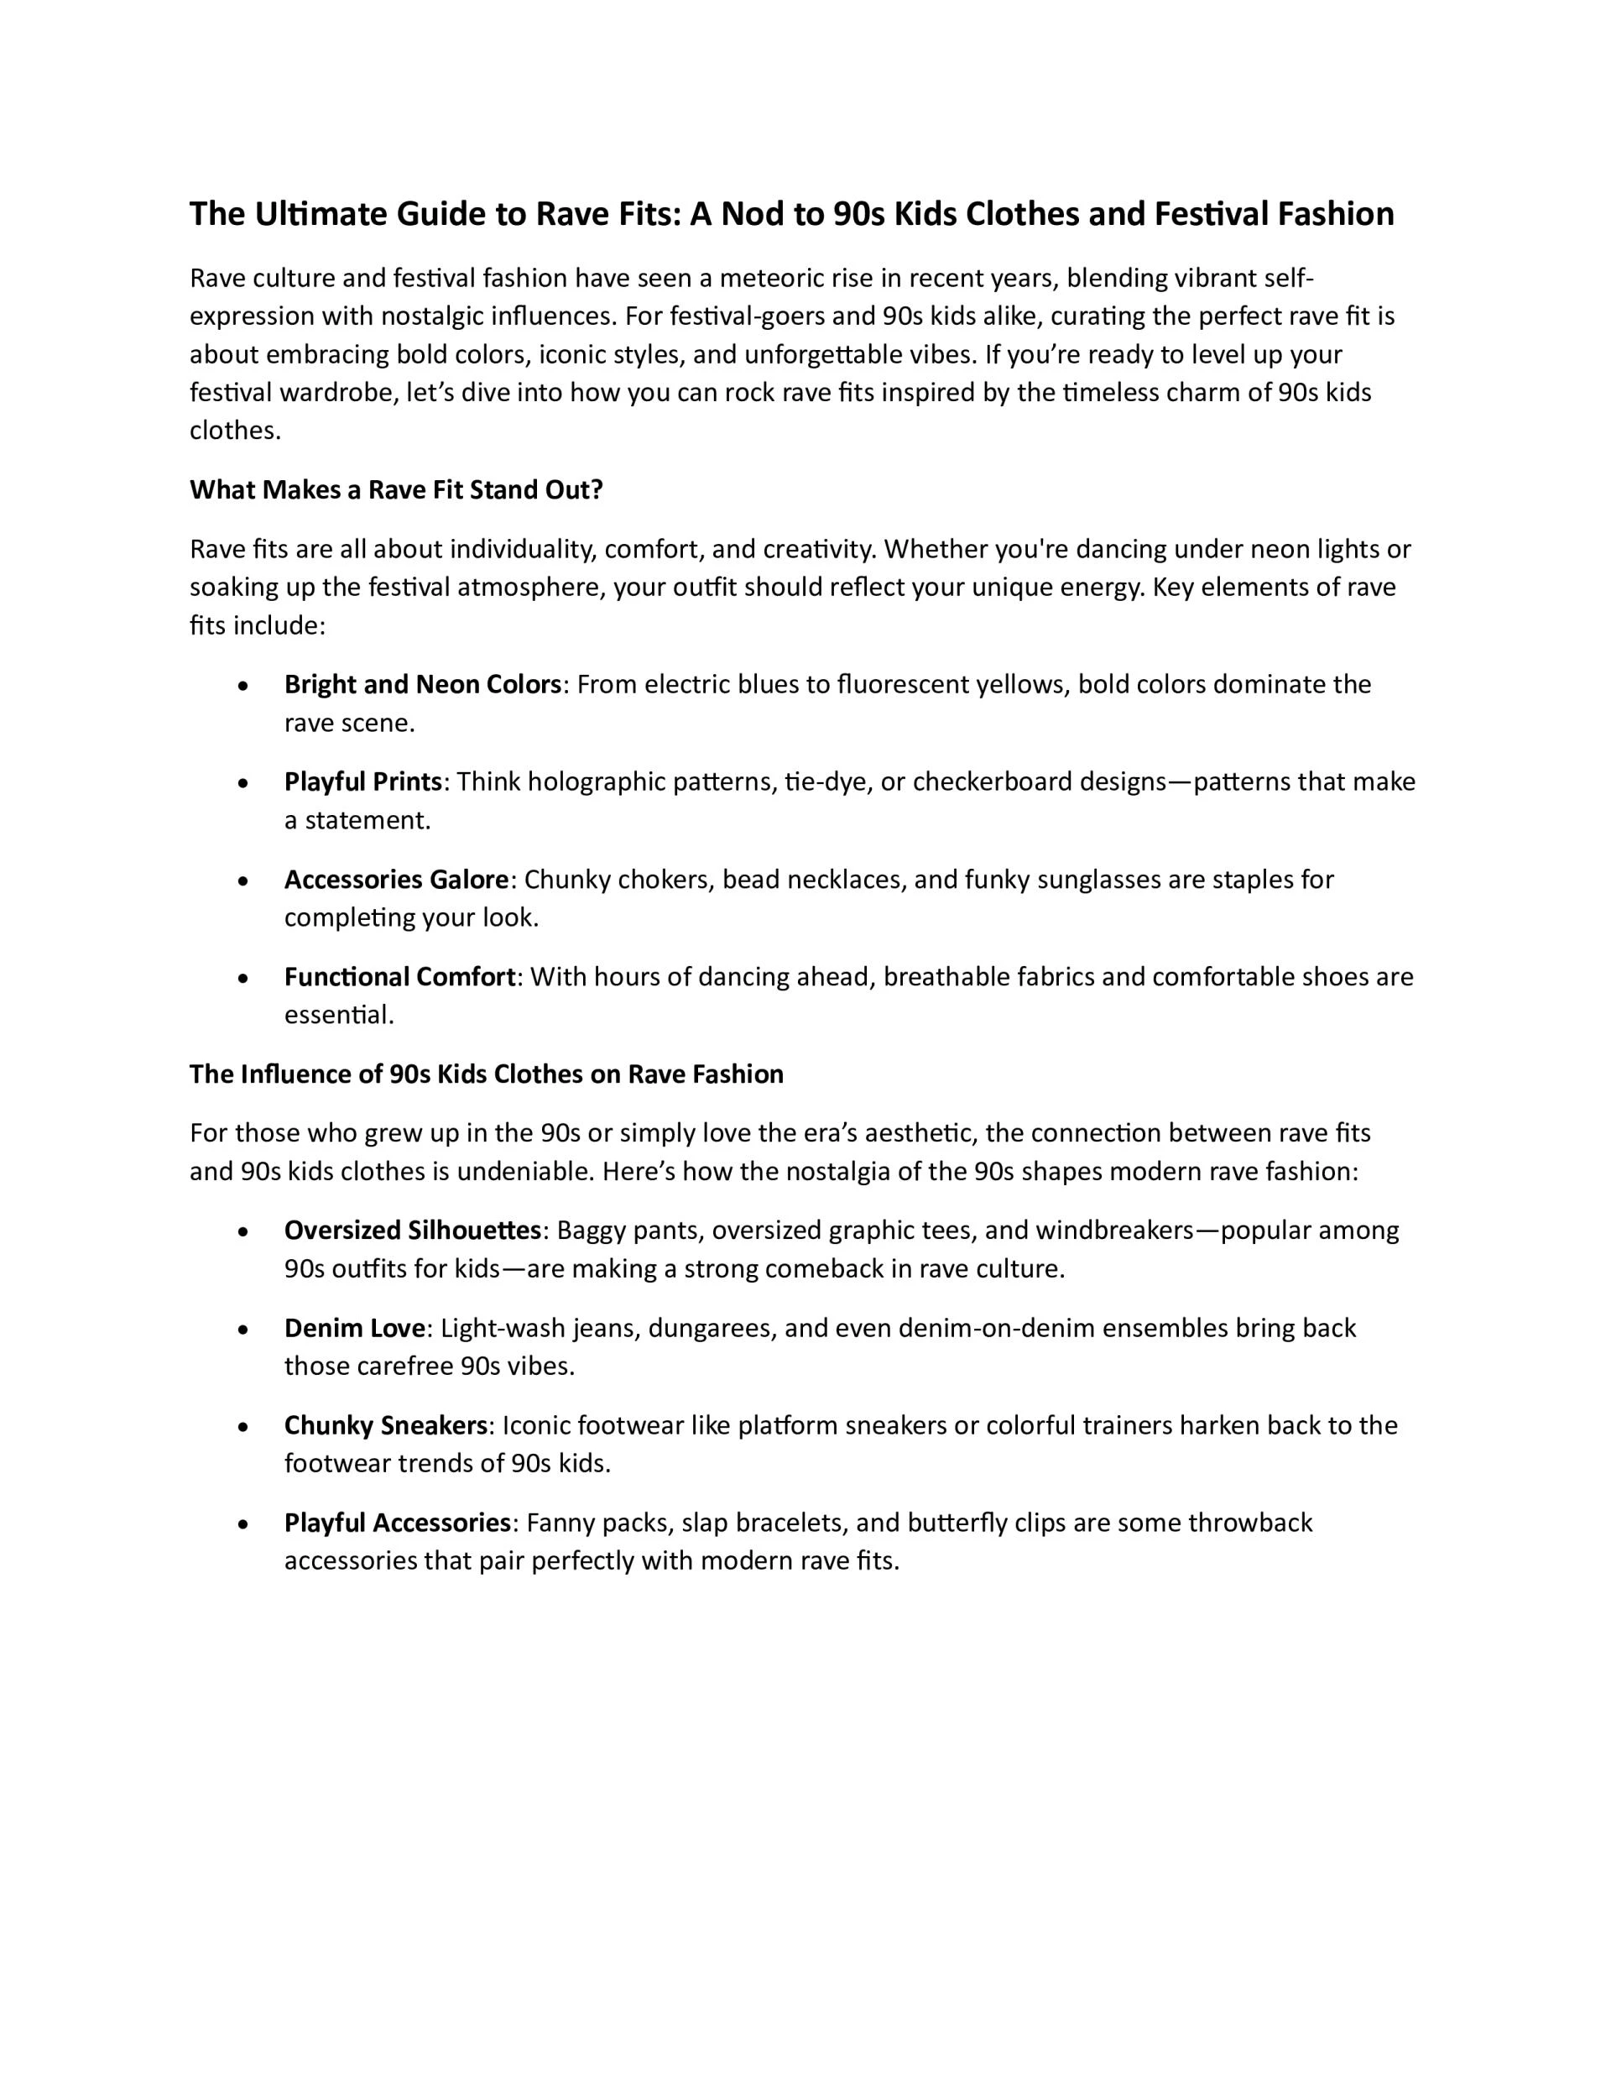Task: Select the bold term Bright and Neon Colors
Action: tap(422, 684)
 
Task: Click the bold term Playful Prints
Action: tap(362, 782)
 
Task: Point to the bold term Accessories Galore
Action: tap(396, 880)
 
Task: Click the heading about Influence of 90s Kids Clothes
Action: tap(486, 1074)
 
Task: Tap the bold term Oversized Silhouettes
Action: tap(412, 1231)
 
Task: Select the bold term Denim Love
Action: tap(354, 1328)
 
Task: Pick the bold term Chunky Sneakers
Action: tap(386, 1425)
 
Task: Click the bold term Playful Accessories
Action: tap(397, 1523)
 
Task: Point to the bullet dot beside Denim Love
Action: tap(245, 1330)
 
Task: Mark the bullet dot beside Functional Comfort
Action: tap(245, 979)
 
